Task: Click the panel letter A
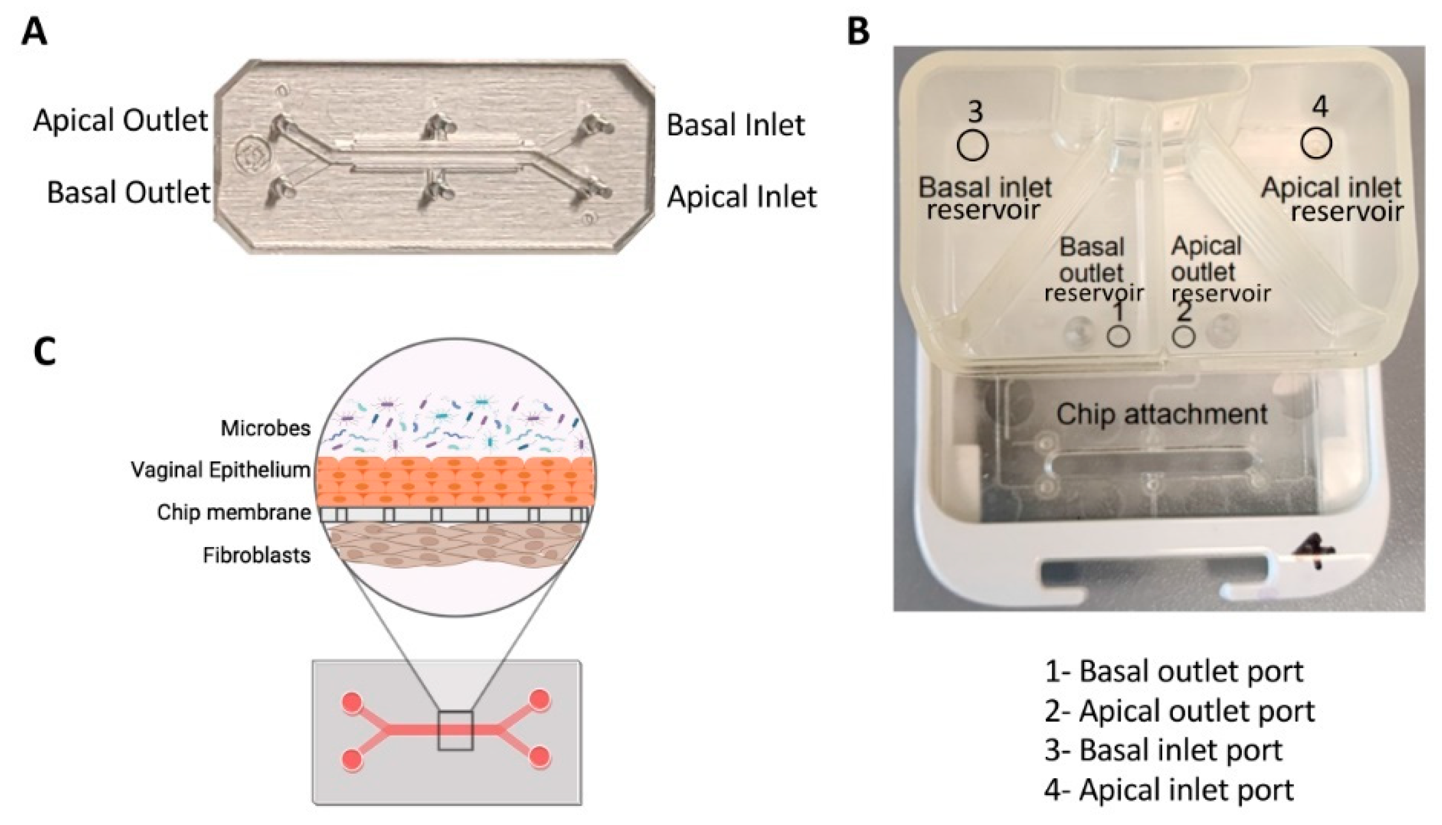[33, 31]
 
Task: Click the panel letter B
[858, 31]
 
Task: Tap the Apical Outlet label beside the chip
[121, 120]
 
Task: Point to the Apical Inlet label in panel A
[742, 197]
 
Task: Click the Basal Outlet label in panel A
[128, 192]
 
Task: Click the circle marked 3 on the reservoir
[973, 145]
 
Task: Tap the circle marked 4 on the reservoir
[1316, 143]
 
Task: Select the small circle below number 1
[1118, 336]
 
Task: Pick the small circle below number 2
[1184, 336]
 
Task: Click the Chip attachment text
[1161, 414]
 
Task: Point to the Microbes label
[265, 428]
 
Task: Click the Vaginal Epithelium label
[221, 470]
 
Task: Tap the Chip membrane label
[234, 512]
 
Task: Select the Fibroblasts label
[256, 555]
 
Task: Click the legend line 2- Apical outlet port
[1180, 710]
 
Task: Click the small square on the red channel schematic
[455, 731]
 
